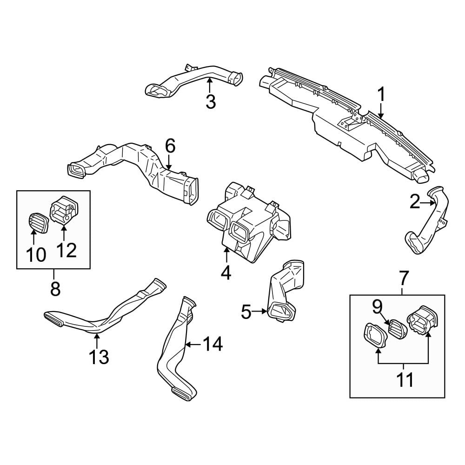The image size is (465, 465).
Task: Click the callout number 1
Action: click(381, 94)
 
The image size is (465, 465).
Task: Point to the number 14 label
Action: click(213, 344)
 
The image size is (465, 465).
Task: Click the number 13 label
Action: click(99, 357)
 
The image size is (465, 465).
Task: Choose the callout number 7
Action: click(402, 278)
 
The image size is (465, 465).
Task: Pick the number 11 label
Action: click(405, 380)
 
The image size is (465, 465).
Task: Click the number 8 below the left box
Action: click(55, 289)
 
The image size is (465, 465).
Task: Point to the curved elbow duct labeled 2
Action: click(426, 221)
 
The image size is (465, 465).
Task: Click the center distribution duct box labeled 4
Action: click(248, 222)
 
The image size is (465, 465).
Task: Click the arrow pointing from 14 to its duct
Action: click(193, 345)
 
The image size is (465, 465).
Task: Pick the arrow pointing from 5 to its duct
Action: click(260, 311)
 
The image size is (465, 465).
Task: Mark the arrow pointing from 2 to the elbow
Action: click(428, 203)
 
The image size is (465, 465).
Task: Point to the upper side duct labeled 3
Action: click(193, 80)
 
